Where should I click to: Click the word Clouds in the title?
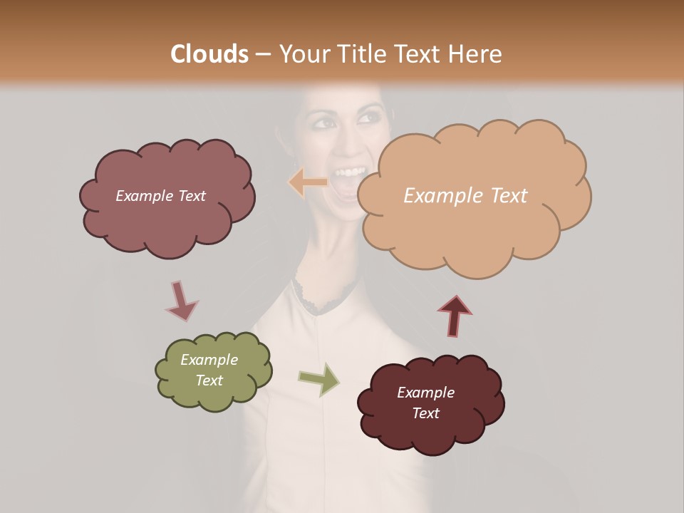pos(209,54)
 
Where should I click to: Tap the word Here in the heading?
pos(475,54)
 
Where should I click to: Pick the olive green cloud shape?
pos(214,395)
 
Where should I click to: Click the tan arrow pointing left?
pos(307,182)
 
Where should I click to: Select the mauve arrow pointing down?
pos(180,301)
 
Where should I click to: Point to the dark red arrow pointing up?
pos(455,316)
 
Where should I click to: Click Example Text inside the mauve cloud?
pos(160,196)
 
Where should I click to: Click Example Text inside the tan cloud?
pos(465,196)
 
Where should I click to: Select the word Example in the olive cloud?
pos(209,360)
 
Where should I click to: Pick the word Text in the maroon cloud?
pos(425,413)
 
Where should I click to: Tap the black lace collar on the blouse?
pos(324,299)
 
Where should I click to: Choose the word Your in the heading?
pos(304,54)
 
